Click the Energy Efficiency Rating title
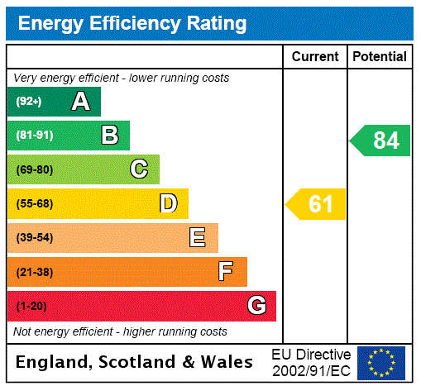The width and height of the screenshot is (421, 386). coord(132,23)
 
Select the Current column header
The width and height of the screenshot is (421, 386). coord(315,57)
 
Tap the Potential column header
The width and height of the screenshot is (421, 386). coord(380,57)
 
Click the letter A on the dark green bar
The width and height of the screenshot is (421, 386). coord(80,102)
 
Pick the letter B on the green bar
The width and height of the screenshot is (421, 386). coord(109,136)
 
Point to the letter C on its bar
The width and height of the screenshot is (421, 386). coord(139,169)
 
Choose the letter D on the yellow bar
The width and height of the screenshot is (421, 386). coord(168,203)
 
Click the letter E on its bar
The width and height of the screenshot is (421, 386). coord(198,238)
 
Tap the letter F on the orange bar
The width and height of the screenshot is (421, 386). coord(226,272)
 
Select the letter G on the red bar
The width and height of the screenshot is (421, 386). coord(256,306)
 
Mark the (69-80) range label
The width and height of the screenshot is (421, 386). coord(34,170)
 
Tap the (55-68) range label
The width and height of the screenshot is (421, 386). coord(34,204)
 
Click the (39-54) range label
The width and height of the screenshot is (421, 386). coord(34,238)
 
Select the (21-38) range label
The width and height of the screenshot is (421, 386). coord(34,272)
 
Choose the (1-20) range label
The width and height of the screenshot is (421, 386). coord(31,307)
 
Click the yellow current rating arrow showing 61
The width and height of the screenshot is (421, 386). coord(317,204)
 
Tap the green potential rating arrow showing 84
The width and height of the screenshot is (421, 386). coord(380,141)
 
